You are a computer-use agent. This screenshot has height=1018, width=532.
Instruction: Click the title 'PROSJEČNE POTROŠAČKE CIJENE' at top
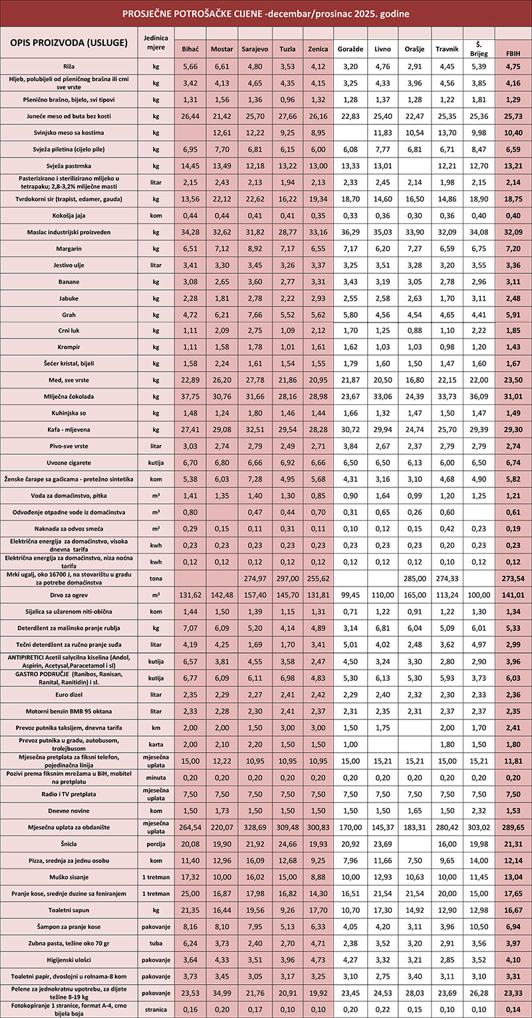[x=265, y=13]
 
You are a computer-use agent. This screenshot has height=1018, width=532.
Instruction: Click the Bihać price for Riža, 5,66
[x=190, y=66]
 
